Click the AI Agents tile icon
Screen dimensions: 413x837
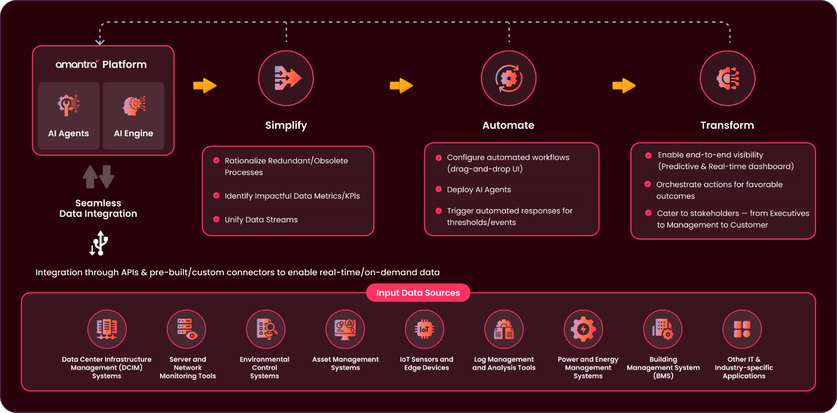click(x=69, y=105)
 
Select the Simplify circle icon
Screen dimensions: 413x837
click(x=286, y=78)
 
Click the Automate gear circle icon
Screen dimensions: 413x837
click(x=508, y=78)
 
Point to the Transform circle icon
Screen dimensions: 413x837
click(x=727, y=78)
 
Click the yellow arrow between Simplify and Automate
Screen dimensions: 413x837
click(x=401, y=86)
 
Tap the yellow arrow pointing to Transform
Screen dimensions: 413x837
click(x=624, y=86)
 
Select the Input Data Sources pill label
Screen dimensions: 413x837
click(x=418, y=293)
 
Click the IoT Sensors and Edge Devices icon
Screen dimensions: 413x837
click(x=424, y=329)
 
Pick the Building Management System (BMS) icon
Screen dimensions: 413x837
click(x=662, y=329)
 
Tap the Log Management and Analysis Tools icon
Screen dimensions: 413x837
click(x=504, y=329)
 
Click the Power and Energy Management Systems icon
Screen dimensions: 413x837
click(x=583, y=329)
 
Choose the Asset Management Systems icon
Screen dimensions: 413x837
click(x=345, y=329)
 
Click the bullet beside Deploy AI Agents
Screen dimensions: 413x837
click(x=439, y=189)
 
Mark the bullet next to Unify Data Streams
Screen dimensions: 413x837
click(x=216, y=219)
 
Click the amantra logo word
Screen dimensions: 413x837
click(x=77, y=65)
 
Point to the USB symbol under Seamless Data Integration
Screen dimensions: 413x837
click(x=99, y=243)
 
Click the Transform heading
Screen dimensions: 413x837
click(x=727, y=125)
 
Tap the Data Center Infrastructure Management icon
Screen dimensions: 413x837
click(x=107, y=329)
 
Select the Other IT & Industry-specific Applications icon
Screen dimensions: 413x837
click(x=742, y=329)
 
